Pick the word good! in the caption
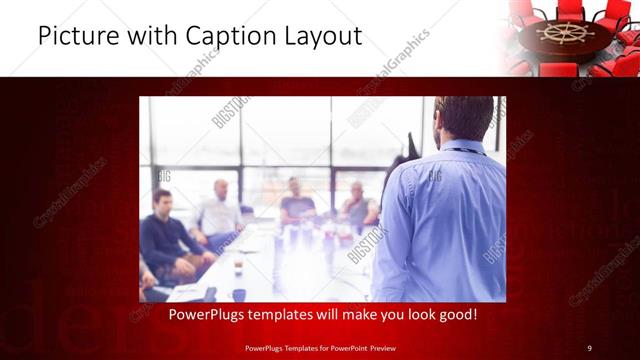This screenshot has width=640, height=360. tap(455, 315)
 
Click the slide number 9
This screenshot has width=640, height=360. tap(589, 347)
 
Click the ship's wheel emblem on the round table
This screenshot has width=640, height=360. tap(565, 32)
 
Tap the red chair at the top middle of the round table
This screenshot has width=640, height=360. tap(571, 10)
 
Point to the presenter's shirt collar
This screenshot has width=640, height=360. tap(462, 146)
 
